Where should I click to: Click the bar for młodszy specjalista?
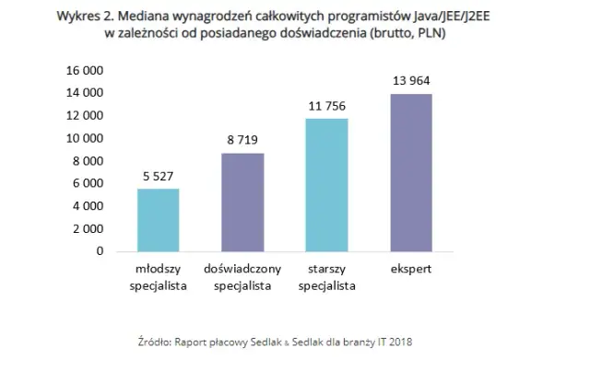click(x=159, y=220)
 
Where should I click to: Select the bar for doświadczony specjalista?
click(x=242, y=203)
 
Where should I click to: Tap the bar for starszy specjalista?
click(x=326, y=185)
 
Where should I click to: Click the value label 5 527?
click(x=159, y=175)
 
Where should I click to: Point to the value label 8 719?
click(x=242, y=140)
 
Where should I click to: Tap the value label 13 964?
click(x=410, y=81)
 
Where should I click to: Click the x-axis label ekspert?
click(x=410, y=271)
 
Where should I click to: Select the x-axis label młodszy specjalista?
click(x=159, y=278)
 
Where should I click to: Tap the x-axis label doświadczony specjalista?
click(x=242, y=278)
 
